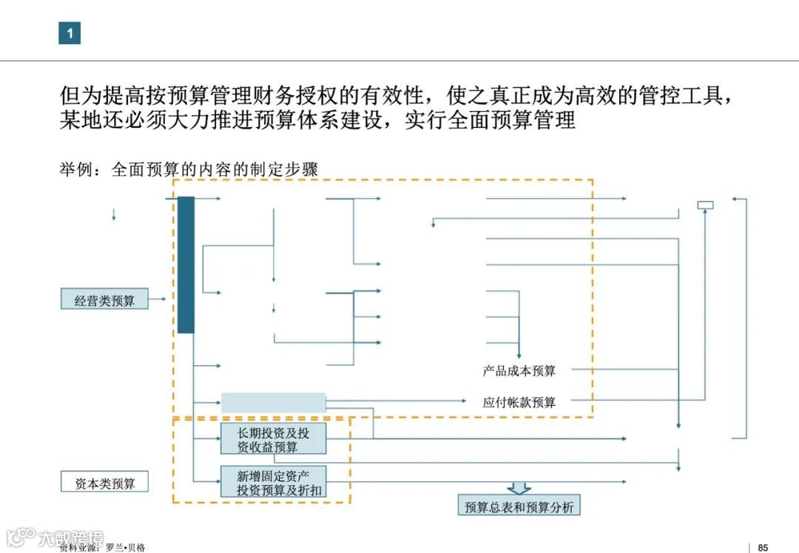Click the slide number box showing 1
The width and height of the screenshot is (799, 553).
pyautogui.click(x=70, y=33)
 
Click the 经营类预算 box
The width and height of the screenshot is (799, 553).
pyautogui.click(x=104, y=301)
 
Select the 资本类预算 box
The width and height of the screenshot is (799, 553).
pyautogui.click(x=104, y=484)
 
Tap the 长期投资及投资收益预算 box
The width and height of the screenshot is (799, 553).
pyautogui.click(x=273, y=439)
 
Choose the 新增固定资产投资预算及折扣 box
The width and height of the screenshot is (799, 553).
pyautogui.click(x=273, y=481)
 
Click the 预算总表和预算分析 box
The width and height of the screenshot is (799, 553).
pyautogui.click(x=519, y=506)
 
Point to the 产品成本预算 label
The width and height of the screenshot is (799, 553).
pyautogui.click(x=519, y=370)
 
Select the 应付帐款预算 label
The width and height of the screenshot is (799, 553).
pyautogui.click(x=519, y=403)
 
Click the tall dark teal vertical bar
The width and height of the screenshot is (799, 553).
pyautogui.click(x=186, y=265)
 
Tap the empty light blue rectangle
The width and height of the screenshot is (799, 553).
pyautogui.click(x=273, y=403)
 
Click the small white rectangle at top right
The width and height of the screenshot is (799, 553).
pyautogui.click(x=705, y=205)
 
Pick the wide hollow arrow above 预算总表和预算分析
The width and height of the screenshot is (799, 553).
pyautogui.click(x=519, y=488)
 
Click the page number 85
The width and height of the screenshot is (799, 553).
pyautogui.click(x=763, y=548)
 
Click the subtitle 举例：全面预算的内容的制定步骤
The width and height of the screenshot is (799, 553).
pyautogui.click(x=189, y=169)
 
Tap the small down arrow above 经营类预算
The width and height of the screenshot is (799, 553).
pyautogui.click(x=113, y=216)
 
